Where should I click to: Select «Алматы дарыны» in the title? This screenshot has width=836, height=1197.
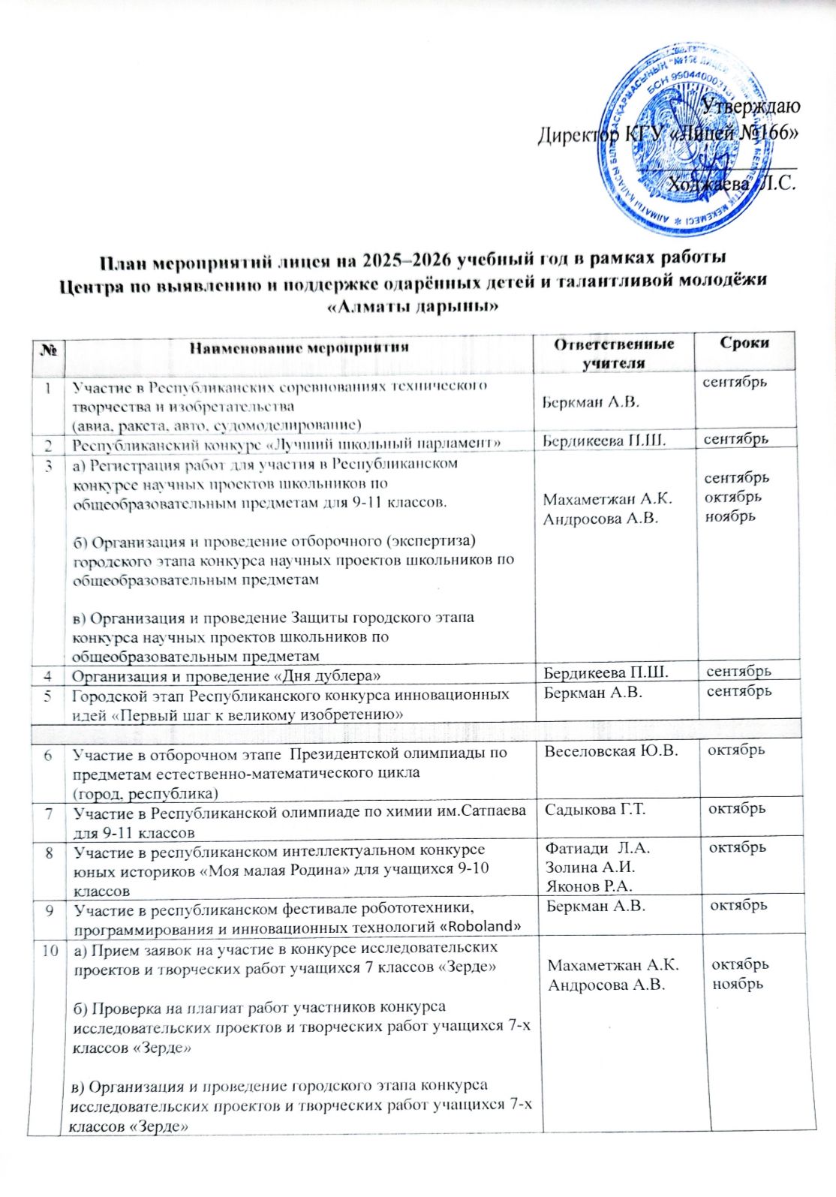(x=415, y=306)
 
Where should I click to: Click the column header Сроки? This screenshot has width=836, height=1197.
(x=744, y=343)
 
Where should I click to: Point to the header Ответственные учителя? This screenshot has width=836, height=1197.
(x=614, y=352)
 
